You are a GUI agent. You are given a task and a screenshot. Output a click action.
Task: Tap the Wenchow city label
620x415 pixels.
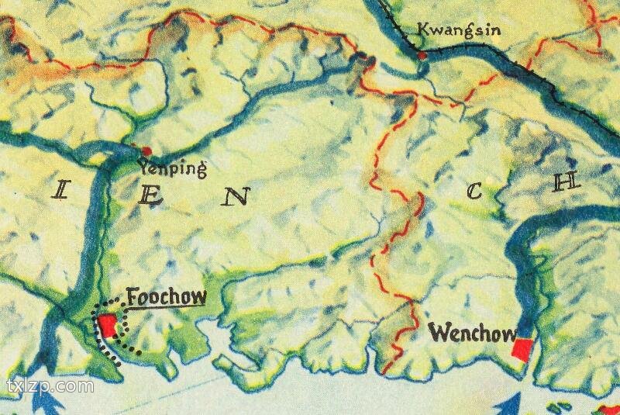(472, 334)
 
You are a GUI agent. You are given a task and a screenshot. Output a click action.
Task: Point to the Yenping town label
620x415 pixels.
(171, 167)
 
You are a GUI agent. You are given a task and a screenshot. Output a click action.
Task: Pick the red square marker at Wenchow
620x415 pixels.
(523, 350)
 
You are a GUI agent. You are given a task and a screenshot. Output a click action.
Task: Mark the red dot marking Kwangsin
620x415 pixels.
(422, 55)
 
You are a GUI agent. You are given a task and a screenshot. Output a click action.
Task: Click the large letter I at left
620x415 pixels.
(60, 189)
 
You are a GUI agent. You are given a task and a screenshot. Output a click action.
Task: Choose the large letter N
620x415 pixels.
(236, 198)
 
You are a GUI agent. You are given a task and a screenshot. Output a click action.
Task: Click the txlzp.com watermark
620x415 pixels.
(50, 386)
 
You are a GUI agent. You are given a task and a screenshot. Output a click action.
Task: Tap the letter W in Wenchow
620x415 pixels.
(439, 334)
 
